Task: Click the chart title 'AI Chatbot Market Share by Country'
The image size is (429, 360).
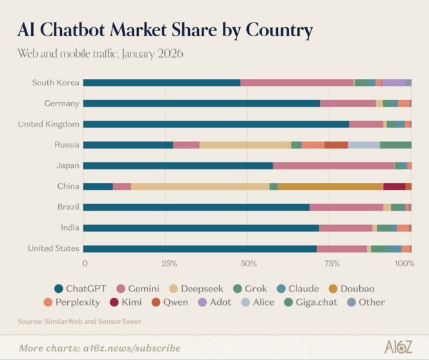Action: pyautogui.click(x=165, y=30)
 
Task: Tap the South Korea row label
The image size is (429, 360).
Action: pyautogui.click(x=56, y=83)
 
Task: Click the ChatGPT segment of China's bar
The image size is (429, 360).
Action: pyautogui.click(x=98, y=186)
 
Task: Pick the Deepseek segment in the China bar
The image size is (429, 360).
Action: pyautogui.click(x=200, y=186)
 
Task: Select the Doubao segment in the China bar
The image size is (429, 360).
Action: pyautogui.click(x=330, y=186)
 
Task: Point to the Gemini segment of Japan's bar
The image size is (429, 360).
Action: pyautogui.click(x=333, y=165)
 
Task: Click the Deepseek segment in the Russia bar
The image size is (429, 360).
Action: pyautogui.click(x=245, y=145)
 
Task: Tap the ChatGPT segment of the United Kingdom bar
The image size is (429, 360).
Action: pyautogui.click(x=216, y=124)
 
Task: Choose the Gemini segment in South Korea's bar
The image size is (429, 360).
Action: pyautogui.click(x=297, y=83)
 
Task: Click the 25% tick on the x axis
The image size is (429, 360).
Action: pyautogui.click(x=165, y=264)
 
